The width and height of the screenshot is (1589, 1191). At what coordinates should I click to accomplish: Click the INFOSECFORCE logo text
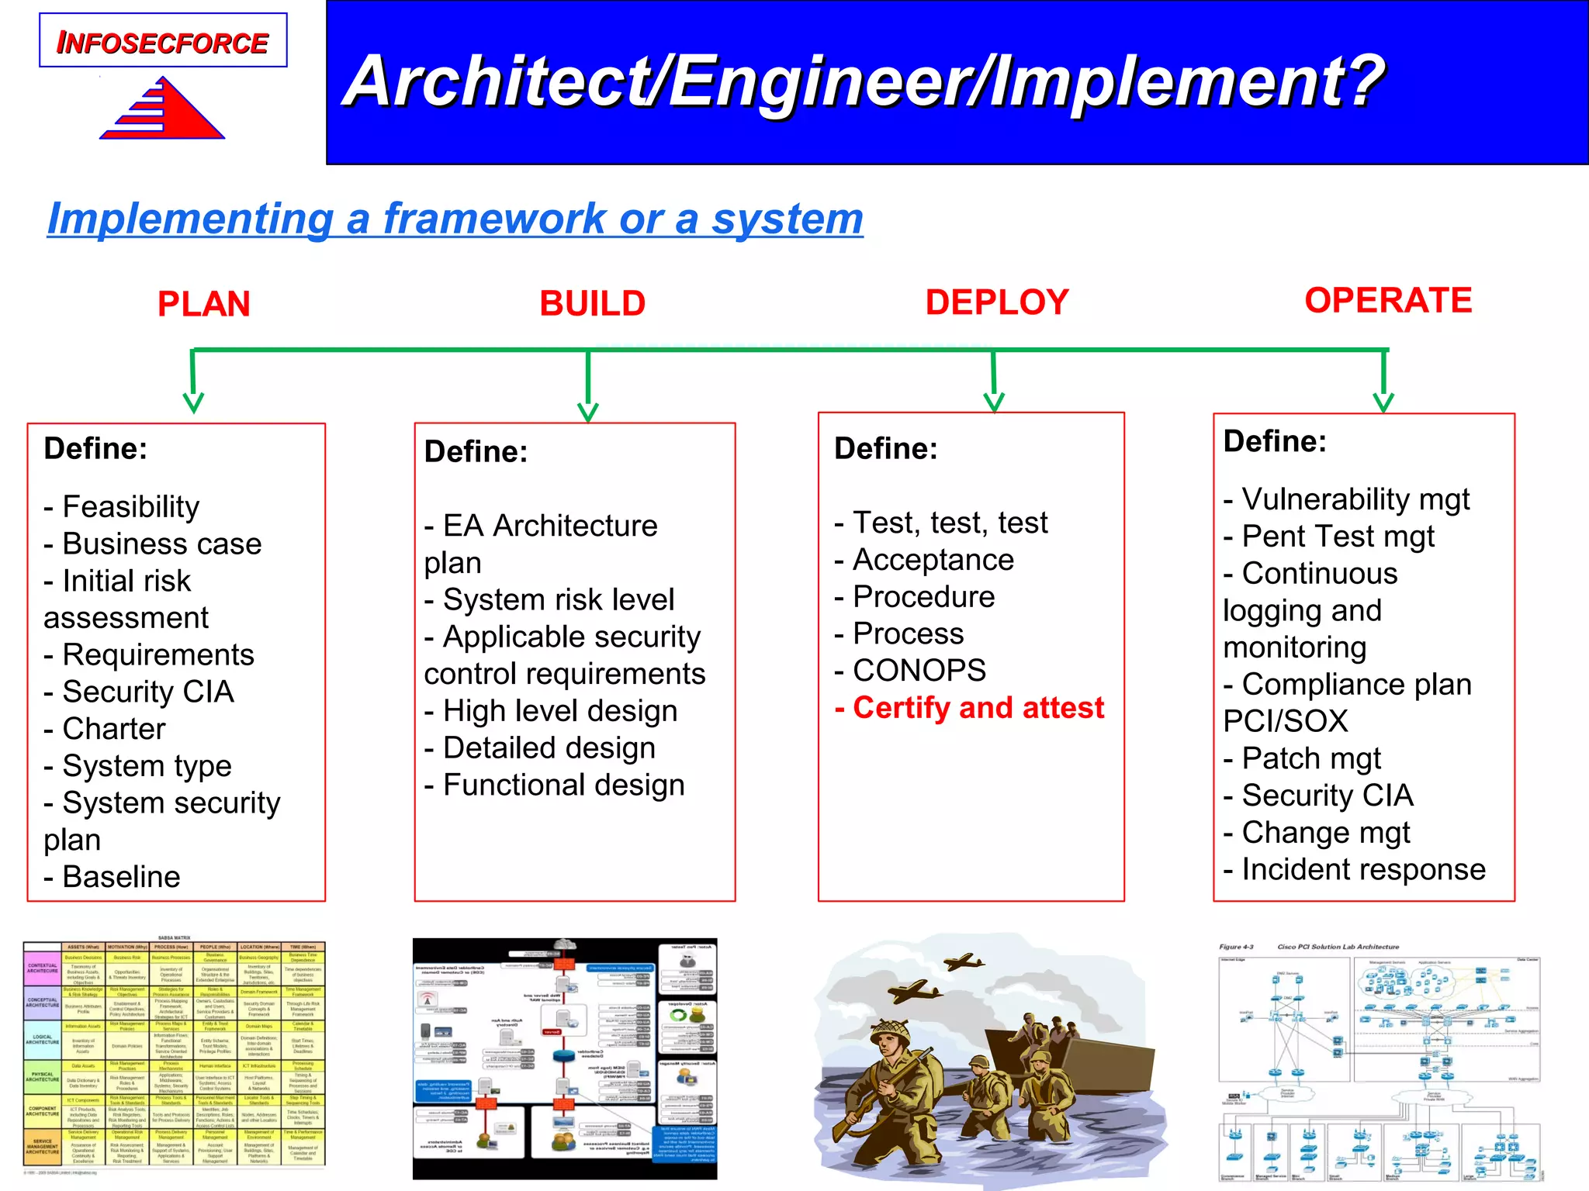click(163, 43)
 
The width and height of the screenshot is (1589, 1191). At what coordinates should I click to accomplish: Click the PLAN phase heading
click(203, 304)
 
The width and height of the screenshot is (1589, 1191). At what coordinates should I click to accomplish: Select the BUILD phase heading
click(592, 303)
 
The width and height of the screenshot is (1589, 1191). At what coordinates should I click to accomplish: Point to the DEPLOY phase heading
click(997, 302)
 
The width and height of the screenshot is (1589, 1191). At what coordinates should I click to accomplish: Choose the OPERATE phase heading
click(1388, 300)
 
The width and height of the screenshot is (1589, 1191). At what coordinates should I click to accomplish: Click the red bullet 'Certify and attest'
click(970, 708)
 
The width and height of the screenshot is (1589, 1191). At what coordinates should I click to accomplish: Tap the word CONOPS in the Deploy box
click(919, 671)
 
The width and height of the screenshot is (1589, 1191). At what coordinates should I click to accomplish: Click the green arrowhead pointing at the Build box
click(588, 412)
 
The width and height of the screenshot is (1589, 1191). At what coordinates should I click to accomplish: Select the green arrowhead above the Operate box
click(1383, 402)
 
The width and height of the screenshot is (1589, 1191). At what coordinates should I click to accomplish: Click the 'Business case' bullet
click(154, 544)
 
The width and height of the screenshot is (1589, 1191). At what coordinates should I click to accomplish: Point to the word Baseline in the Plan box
click(121, 877)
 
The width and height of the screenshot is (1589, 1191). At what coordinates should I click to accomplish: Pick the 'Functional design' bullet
click(556, 785)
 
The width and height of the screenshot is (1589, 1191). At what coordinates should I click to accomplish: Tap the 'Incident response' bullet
click(1355, 869)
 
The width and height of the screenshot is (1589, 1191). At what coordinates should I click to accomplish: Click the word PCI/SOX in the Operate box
click(1286, 721)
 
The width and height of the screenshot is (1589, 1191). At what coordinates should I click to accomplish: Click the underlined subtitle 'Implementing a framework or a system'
click(455, 219)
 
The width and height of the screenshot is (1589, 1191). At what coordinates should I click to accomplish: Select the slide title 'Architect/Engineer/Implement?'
click(863, 81)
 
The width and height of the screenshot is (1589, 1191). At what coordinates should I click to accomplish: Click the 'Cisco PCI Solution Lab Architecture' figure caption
click(1338, 947)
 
